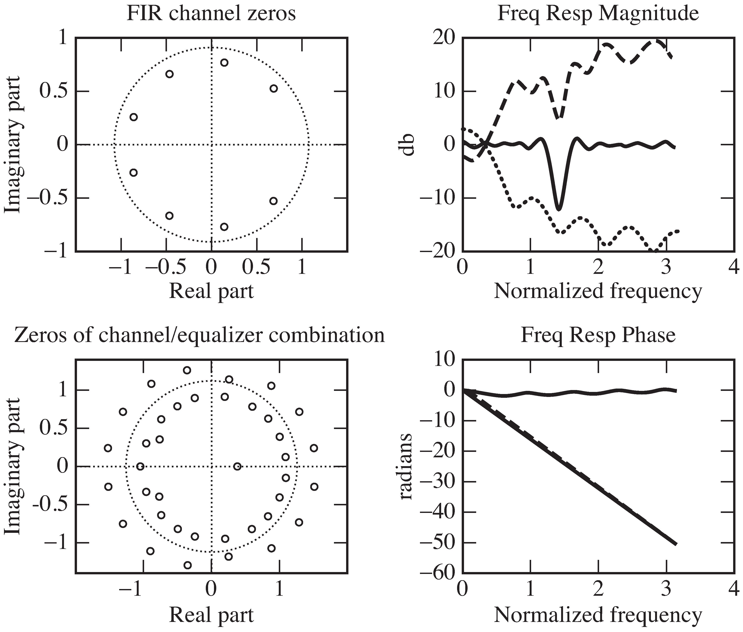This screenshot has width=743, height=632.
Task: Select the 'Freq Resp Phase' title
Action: pyautogui.click(x=598, y=335)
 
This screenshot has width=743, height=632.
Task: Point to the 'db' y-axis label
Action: pyautogui.click(x=408, y=145)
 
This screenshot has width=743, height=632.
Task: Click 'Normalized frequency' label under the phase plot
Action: pyautogui.click(x=598, y=615)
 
